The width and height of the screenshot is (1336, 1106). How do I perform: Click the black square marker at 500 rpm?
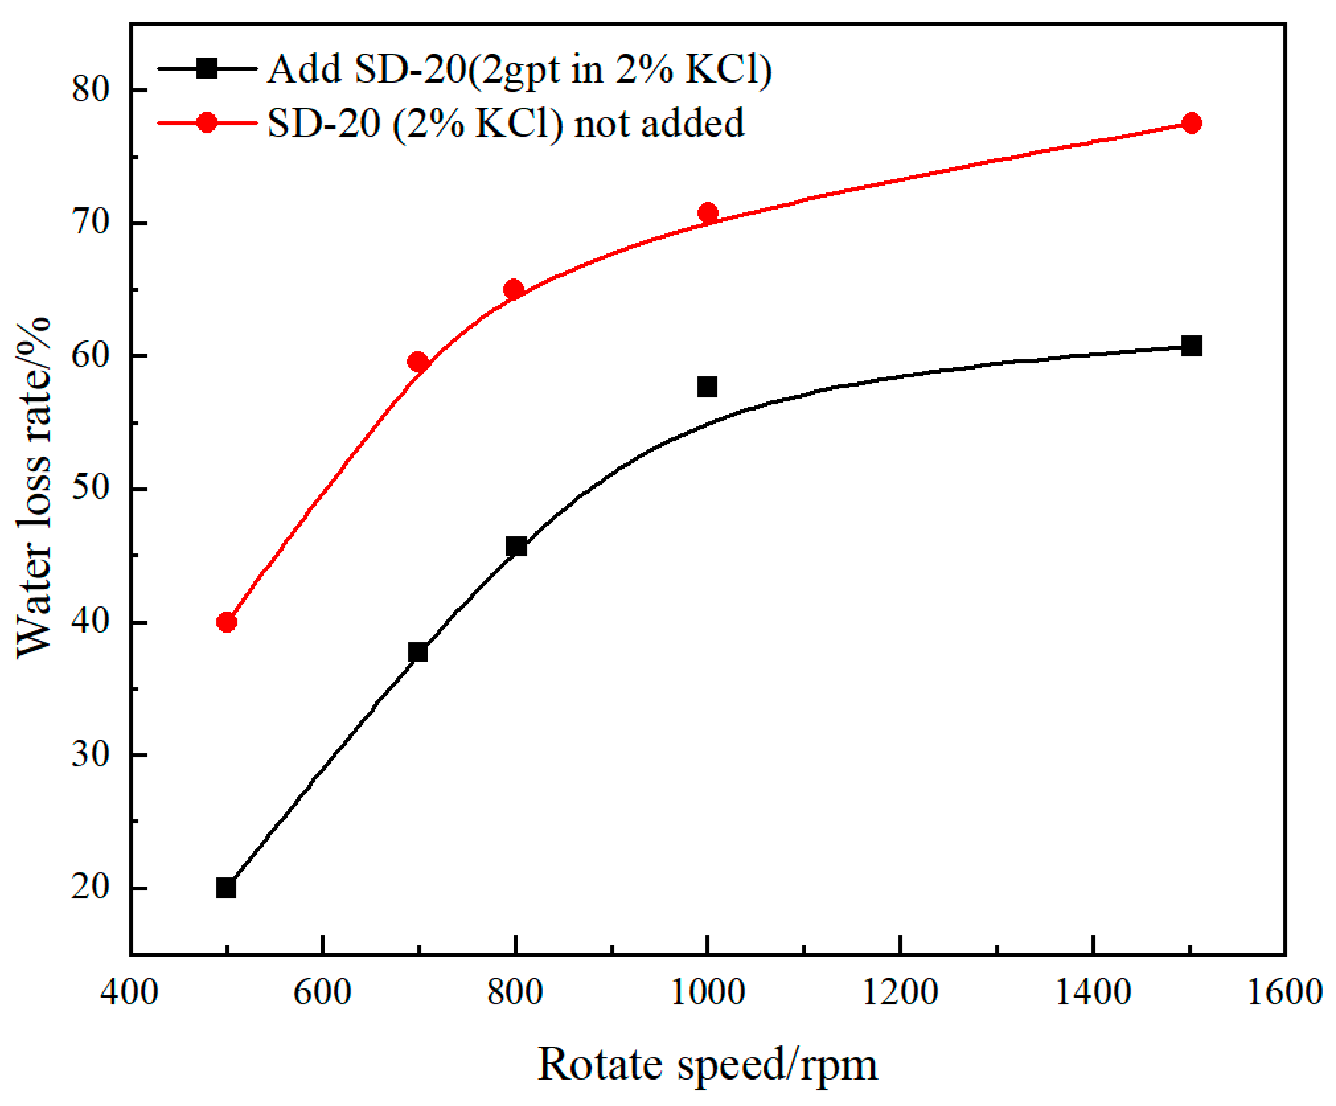click(226, 888)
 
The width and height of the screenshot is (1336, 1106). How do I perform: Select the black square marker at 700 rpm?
click(418, 652)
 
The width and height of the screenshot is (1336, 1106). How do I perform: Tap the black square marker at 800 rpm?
click(516, 547)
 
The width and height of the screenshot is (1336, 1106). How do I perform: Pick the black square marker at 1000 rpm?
click(707, 387)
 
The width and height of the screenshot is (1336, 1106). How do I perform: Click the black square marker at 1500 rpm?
click(1191, 346)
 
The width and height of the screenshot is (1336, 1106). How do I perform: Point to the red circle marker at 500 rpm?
click(227, 622)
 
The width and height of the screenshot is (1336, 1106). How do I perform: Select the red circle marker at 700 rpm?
click(418, 362)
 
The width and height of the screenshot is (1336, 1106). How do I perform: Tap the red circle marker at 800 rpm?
click(514, 290)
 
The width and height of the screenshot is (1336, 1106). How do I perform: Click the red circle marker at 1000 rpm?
click(708, 213)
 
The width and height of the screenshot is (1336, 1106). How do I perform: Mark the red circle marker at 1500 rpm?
click(1191, 123)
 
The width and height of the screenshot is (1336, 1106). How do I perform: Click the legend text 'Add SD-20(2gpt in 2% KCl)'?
click(520, 69)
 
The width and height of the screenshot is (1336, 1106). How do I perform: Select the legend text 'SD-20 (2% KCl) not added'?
click(506, 123)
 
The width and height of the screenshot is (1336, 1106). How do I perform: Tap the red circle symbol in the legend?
click(207, 122)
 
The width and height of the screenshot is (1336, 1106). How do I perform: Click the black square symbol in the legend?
click(207, 68)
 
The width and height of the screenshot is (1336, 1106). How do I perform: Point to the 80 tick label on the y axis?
click(91, 89)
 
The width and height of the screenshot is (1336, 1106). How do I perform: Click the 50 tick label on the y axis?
click(91, 488)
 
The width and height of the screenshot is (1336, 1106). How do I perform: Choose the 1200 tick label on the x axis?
click(900, 992)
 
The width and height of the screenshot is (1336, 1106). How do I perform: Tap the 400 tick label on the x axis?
click(130, 992)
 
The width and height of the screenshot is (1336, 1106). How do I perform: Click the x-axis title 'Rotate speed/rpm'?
click(707, 1065)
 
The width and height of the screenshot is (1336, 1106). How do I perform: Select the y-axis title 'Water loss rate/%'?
click(33, 488)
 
